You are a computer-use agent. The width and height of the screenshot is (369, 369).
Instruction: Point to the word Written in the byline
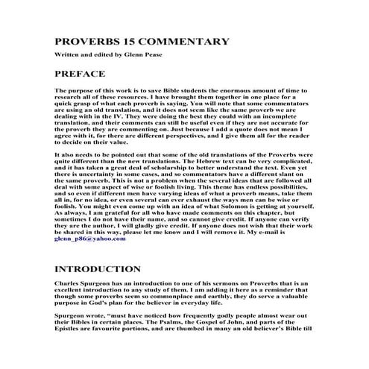[68, 55]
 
